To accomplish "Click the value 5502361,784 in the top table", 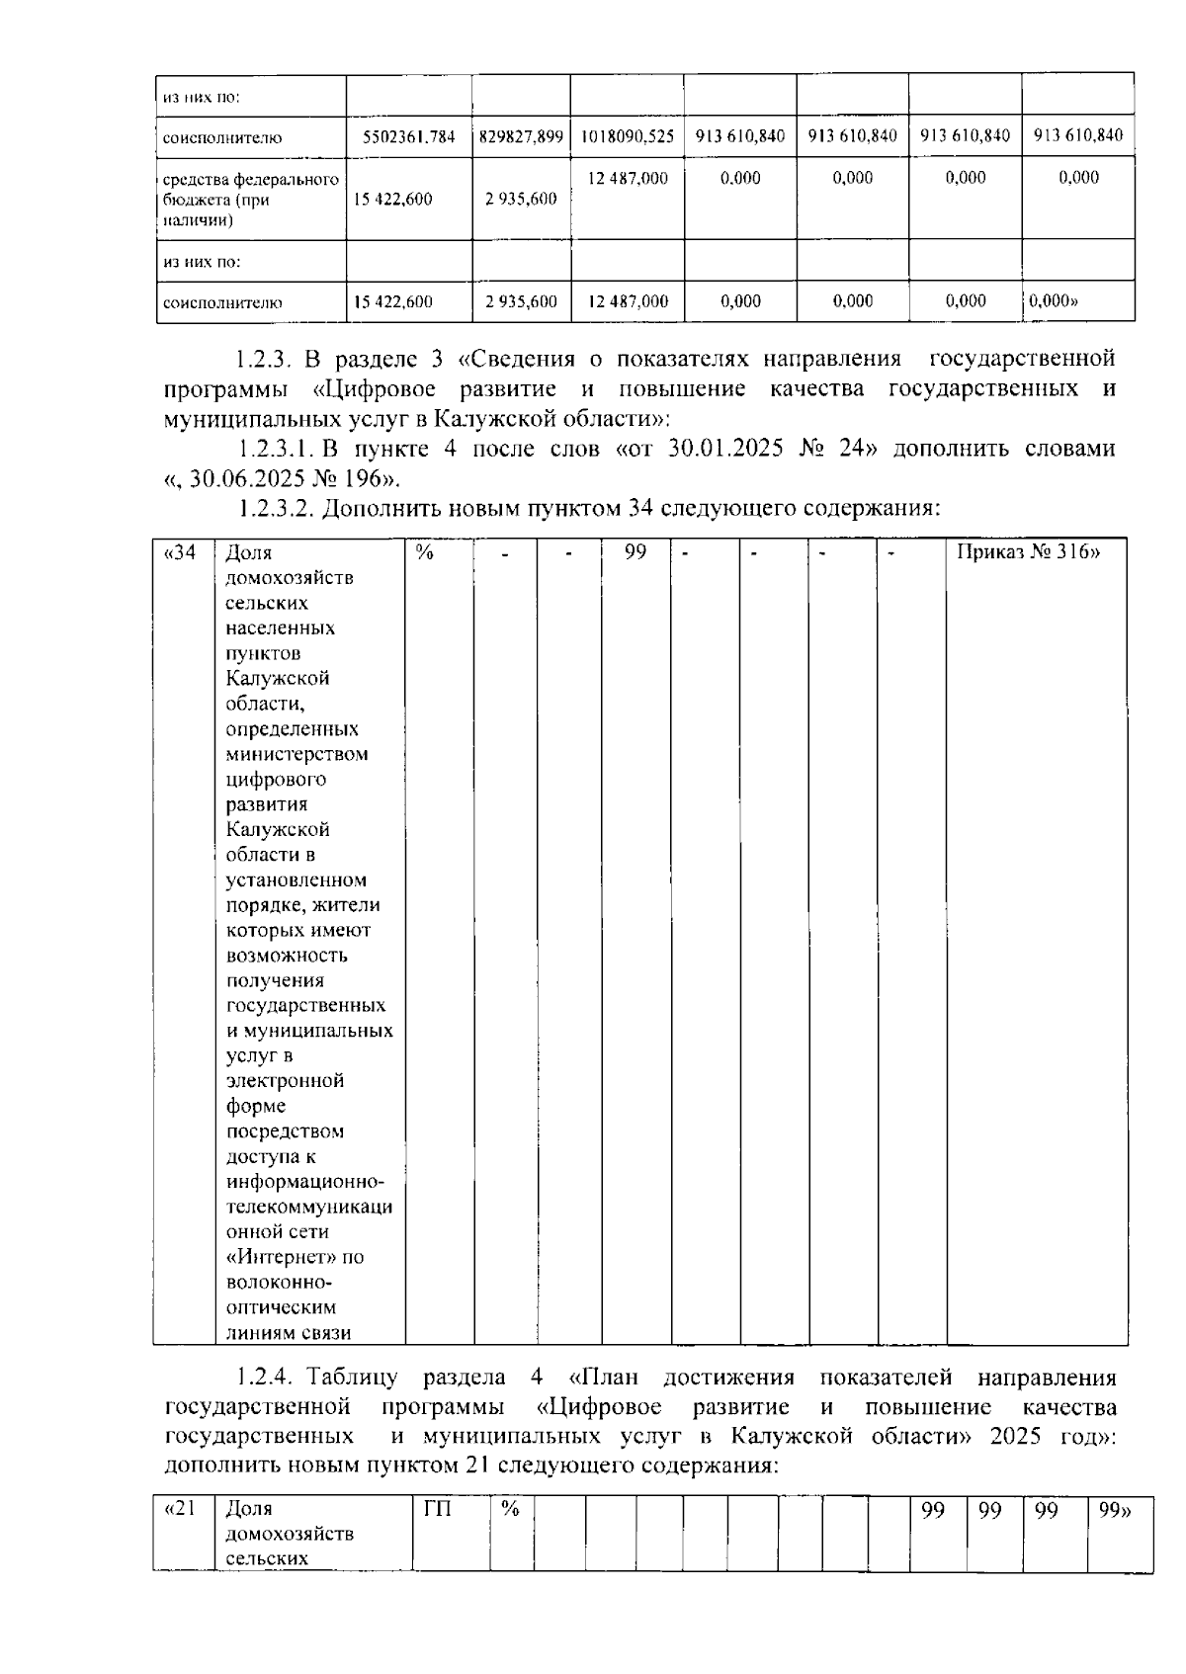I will [x=408, y=136].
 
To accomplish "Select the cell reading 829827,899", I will [x=521, y=136].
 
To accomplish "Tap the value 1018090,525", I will [x=627, y=136].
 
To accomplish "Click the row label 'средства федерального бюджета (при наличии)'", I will [x=250, y=200].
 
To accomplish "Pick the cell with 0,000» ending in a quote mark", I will [x=1053, y=301].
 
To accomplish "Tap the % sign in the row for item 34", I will [x=425, y=552].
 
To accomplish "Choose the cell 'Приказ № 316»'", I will [x=1028, y=552].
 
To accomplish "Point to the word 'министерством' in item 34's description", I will [x=296, y=754].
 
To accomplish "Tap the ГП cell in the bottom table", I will [x=438, y=1510].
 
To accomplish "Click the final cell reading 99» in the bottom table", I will [x=1115, y=1510].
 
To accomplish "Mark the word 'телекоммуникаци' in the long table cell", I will [x=308, y=1208].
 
